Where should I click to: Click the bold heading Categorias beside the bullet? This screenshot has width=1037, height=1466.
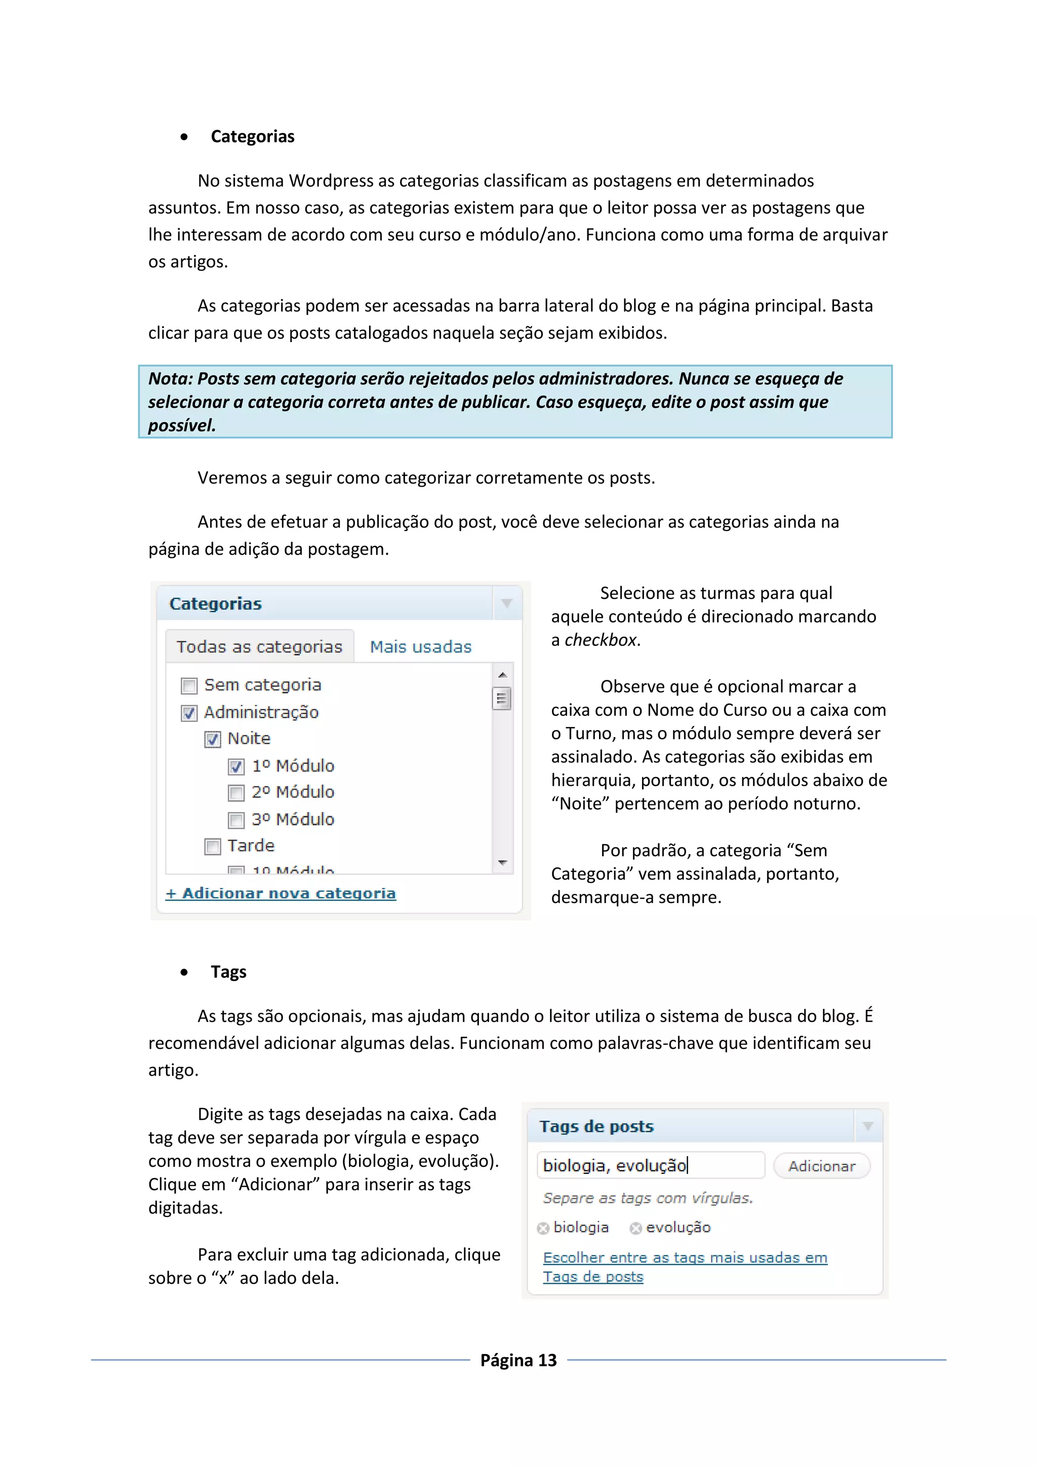click(252, 137)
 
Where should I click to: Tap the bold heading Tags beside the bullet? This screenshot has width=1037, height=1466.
click(228, 972)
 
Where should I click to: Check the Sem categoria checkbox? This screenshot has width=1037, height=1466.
click(189, 686)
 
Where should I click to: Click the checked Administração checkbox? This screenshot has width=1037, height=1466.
click(189, 713)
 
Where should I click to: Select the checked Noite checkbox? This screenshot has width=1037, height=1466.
click(213, 740)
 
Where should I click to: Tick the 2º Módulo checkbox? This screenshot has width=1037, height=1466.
click(236, 793)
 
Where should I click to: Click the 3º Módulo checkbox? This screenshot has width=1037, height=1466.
click(236, 820)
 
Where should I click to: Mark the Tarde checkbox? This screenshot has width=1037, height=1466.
click(213, 847)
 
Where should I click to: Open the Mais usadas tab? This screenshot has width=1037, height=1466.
click(421, 647)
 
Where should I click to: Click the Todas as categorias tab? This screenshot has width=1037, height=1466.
click(259, 647)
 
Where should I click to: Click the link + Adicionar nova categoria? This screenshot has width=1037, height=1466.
click(281, 893)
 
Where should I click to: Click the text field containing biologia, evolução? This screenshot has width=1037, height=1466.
click(650, 1165)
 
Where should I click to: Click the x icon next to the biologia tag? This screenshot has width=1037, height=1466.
click(543, 1228)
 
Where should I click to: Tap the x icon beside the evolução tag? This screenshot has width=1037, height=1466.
click(635, 1228)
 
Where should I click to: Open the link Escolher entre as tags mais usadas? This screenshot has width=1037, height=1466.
click(685, 1258)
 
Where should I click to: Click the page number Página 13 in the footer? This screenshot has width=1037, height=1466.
click(518, 1360)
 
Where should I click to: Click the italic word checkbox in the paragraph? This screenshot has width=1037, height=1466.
click(600, 640)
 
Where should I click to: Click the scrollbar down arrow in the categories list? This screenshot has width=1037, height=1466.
click(502, 863)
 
